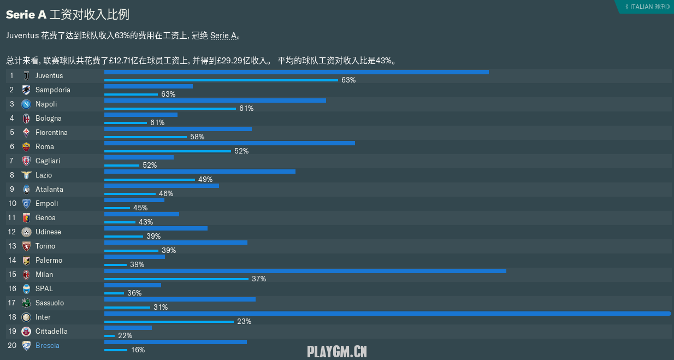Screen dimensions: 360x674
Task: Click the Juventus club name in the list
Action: pyautogui.click(x=49, y=76)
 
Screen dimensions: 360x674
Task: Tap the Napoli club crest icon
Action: pyautogui.click(x=26, y=104)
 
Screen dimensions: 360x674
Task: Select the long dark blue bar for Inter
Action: pyautogui.click(x=387, y=314)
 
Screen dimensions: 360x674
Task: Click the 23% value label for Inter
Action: pyautogui.click(x=244, y=322)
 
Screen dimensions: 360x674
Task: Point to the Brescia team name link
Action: pyautogui.click(x=48, y=346)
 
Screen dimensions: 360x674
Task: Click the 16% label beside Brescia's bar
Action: pyautogui.click(x=138, y=350)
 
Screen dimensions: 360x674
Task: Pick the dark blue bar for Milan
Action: pyautogui.click(x=305, y=271)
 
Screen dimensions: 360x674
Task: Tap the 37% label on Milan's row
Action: pyautogui.click(x=259, y=279)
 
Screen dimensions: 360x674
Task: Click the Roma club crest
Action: pyautogui.click(x=26, y=147)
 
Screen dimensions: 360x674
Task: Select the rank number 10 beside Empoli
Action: pyautogui.click(x=11, y=204)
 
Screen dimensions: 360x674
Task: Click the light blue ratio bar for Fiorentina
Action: pyautogui.click(x=145, y=137)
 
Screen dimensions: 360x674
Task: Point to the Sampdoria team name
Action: pyautogui.click(x=53, y=90)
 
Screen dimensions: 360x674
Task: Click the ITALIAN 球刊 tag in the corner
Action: pyautogui.click(x=647, y=7)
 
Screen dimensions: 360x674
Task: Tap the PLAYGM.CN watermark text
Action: pyautogui.click(x=337, y=351)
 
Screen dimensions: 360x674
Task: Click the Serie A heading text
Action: pyautogui.click(x=26, y=15)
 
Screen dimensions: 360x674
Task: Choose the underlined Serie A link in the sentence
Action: pyautogui.click(x=223, y=36)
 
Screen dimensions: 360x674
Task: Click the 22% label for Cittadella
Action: pyautogui.click(x=125, y=336)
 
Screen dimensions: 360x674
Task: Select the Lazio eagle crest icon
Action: pyautogui.click(x=26, y=175)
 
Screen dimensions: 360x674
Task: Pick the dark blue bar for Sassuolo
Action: pyautogui.click(x=180, y=299)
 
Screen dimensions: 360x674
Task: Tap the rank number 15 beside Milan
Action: pyautogui.click(x=11, y=275)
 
